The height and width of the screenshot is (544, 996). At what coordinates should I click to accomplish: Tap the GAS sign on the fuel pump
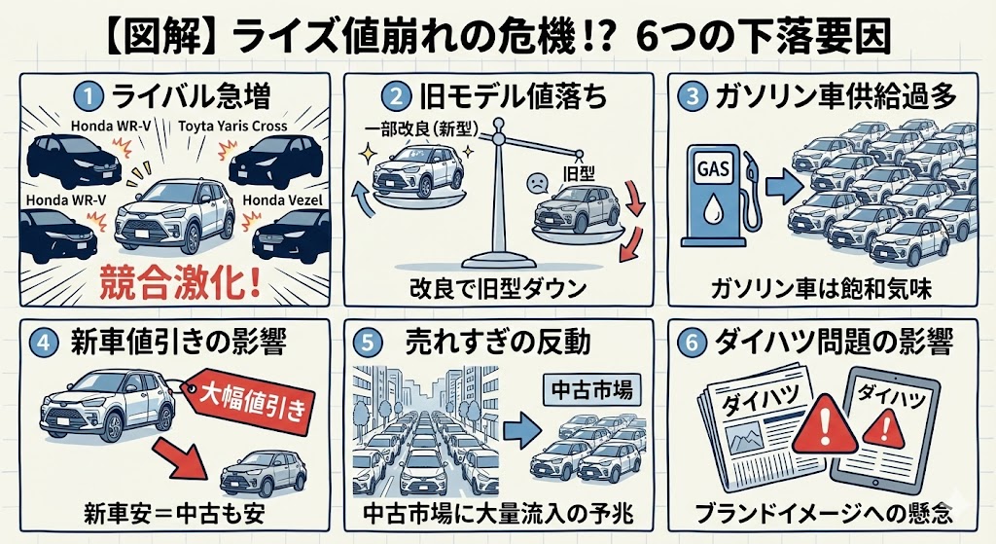(712, 165)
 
